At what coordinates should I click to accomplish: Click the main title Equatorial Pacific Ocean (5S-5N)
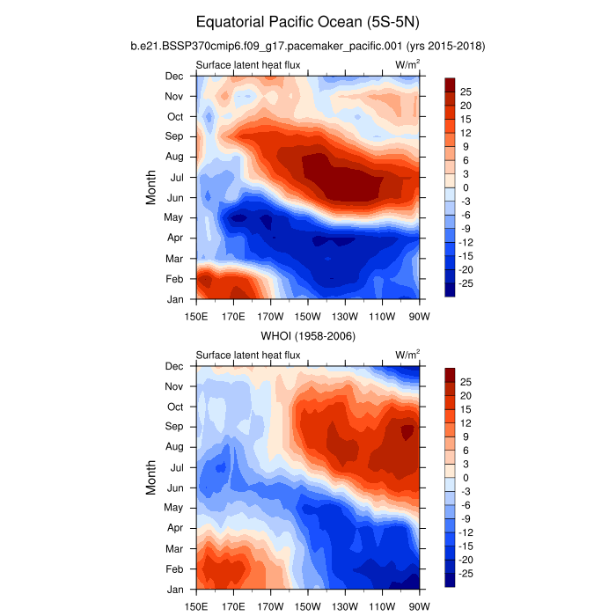307,21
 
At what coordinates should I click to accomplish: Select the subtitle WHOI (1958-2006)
307,335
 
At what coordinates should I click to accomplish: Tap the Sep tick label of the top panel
174,136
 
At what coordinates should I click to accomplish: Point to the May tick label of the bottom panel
174,508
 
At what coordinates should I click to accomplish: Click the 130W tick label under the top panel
345,316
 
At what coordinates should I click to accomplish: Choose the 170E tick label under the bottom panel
232,606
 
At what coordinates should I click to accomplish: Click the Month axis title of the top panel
151,187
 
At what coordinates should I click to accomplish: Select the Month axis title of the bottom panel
151,478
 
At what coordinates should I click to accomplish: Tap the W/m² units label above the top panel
407,64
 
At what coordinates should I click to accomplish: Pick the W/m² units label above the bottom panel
407,355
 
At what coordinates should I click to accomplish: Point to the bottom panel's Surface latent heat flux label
248,356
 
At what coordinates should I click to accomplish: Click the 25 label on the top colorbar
466,92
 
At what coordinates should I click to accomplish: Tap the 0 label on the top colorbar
464,187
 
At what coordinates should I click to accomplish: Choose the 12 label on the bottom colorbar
466,423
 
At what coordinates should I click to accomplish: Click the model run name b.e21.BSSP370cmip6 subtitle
307,45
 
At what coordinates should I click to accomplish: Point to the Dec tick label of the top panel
174,76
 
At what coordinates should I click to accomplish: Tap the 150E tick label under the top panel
195,316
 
